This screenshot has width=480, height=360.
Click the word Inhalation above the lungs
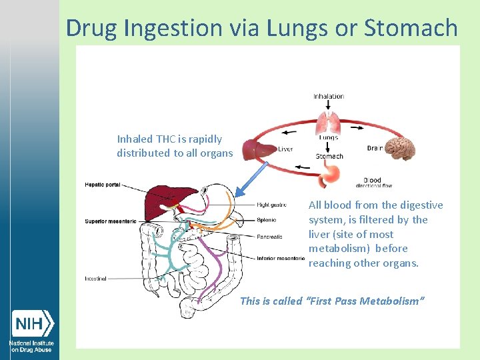point(329,97)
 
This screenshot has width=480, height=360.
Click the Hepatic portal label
point(103,184)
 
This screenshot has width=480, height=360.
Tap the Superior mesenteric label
point(110,221)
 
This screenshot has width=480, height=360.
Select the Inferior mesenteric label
point(281,258)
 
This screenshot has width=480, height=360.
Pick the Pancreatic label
point(269,237)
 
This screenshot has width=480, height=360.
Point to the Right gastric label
point(273,205)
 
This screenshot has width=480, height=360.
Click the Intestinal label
point(95,279)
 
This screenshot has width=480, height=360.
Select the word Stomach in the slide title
point(411,28)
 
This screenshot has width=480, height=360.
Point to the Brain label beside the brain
point(375,148)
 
